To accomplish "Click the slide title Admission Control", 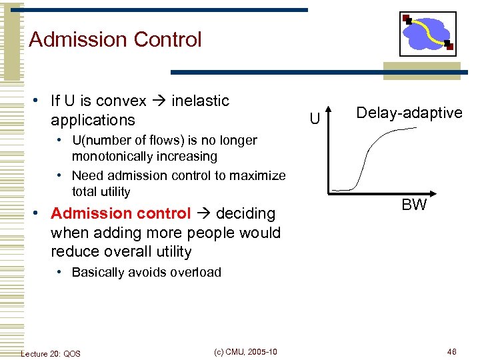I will [x=115, y=40].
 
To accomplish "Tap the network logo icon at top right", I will [x=427, y=34].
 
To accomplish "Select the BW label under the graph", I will [x=414, y=205].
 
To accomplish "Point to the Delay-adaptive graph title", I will [x=409, y=113].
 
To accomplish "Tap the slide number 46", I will [x=451, y=352].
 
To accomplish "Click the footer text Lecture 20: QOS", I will [x=51, y=353].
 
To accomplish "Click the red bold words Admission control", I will [x=120, y=214].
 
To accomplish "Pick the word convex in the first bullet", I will [x=121, y=101].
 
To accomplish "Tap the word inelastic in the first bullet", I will [x=200, y=101].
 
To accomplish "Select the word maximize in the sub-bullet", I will [x=257, y=176].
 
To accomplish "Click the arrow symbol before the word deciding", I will [x=203, y=214].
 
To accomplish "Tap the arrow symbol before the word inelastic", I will [x=159, y=101].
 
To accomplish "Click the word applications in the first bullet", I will [x=93, y=121].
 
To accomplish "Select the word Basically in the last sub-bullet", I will [x=98, y=272].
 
